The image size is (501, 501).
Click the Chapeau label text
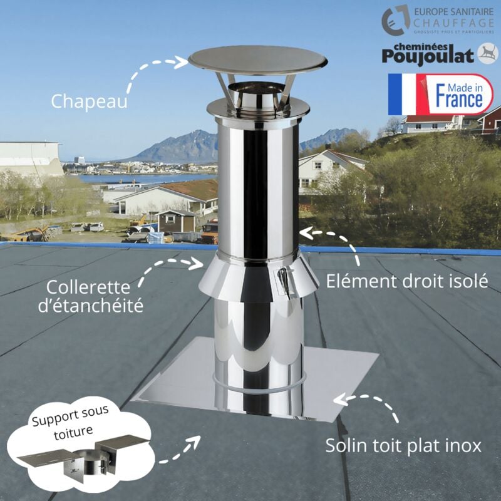click(89, 100)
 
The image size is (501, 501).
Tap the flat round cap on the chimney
click(257, 61)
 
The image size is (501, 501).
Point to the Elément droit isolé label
click(407, 281)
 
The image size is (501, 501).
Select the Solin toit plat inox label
click(403, 446)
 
